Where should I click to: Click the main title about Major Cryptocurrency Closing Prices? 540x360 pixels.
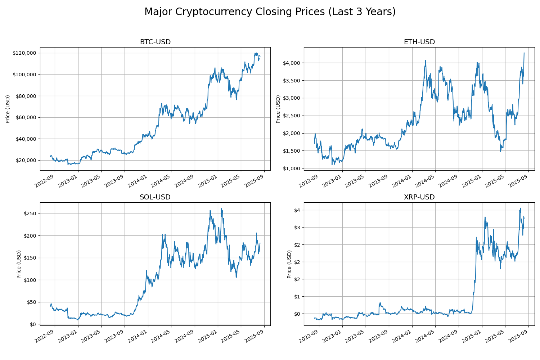[270, 12]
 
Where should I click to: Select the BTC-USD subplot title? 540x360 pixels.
[155, 42]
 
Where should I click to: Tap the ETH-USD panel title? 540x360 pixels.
[419, 42]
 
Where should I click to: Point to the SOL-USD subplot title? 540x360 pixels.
[155, 197]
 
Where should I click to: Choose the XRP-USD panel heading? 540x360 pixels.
[419, 197]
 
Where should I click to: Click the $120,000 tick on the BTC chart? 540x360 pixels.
[24, 53]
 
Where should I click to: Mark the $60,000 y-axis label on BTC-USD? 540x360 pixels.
[25, 117]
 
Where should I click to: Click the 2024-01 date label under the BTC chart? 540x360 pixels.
[141, 181]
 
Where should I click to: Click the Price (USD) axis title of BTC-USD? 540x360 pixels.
[8, 109]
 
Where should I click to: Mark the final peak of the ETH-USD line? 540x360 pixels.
[524, 53]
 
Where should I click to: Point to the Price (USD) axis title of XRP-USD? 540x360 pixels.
[289, 264]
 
